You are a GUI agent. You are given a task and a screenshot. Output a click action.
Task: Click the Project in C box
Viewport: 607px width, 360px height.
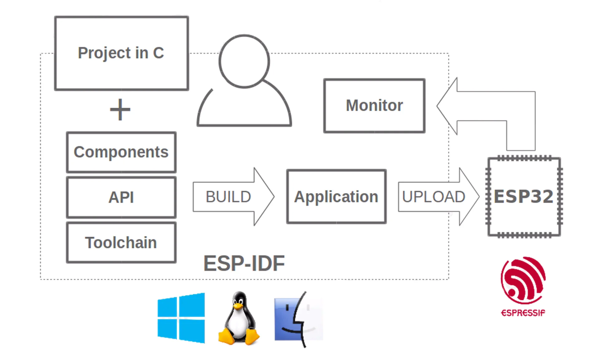(x=122, y=53)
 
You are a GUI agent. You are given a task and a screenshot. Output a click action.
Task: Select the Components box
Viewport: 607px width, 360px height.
(x=121, y=152)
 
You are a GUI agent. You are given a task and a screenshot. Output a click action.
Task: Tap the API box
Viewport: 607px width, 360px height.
(x=121, y=197)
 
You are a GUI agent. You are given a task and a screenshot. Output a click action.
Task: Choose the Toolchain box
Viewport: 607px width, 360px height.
(x=121, y=243)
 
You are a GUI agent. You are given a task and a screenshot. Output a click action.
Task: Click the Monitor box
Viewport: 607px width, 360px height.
(x=374, y=106)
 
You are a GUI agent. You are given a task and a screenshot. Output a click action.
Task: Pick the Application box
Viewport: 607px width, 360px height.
(x=337, y=197)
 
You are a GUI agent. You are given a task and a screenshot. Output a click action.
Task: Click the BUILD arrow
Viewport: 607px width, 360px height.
(x=233, y=197)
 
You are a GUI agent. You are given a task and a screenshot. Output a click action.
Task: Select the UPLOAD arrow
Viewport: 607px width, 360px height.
(x=439, y=197)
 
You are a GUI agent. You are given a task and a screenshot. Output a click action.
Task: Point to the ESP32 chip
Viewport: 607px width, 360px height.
(x=524, y=197)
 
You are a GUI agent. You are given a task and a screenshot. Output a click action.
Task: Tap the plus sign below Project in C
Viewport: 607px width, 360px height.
(x=120, y=110)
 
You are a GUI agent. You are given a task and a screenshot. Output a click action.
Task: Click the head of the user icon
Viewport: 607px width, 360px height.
(x=244, y=61)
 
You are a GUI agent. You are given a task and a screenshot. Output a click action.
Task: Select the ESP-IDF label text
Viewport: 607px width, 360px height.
(x=244, y=263)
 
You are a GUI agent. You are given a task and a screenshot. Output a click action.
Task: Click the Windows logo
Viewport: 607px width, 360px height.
(x=181, y=318)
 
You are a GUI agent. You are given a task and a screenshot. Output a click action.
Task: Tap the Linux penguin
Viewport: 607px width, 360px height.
(x=239, y=318)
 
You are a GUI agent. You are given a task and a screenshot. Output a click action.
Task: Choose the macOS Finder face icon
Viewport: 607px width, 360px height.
(x=299, y=319)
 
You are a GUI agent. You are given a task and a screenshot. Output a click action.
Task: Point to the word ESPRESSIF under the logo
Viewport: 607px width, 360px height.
(x=523, y=313)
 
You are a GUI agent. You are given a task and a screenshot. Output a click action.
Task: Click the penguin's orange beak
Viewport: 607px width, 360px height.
(x=238, y=306)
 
